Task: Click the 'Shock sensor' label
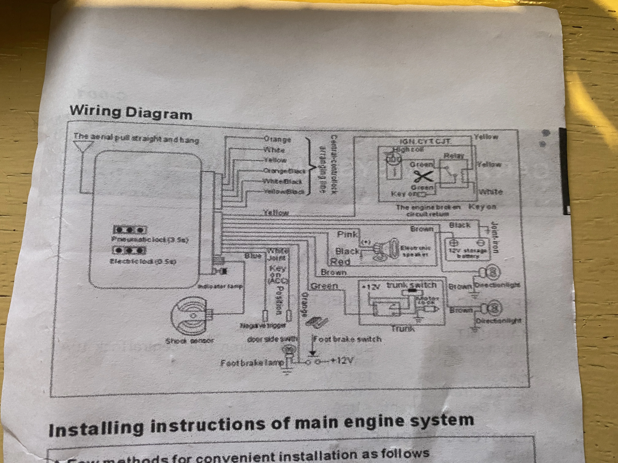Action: (190, 341)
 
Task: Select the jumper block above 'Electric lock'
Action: (129, 250)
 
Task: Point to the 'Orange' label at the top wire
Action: (277, 139)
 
